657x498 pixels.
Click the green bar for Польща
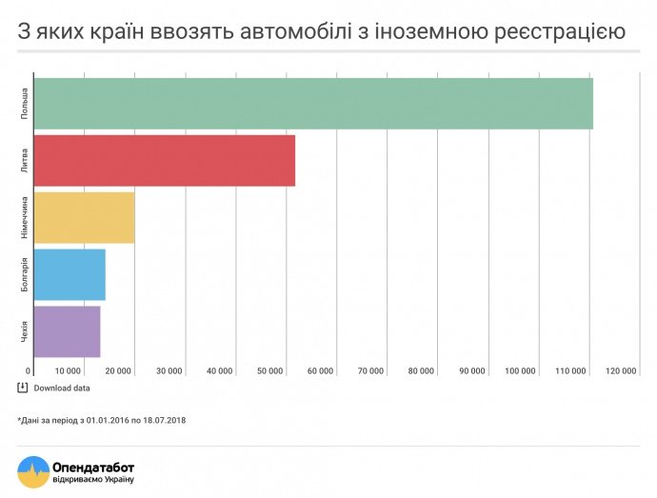313,103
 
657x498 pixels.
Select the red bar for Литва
165,161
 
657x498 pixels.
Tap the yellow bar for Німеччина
84,217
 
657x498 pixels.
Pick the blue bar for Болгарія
70,274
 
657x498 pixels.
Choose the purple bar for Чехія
67,331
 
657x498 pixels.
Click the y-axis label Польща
24,103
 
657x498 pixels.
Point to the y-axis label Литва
24,160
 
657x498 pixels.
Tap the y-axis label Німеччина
24,217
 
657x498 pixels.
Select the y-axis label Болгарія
24,274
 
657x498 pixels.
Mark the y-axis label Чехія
24,331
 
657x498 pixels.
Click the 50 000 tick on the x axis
269,370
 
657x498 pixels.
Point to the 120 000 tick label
621,370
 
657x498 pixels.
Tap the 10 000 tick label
68,370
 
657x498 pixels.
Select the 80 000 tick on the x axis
421,370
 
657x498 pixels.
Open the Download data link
62,388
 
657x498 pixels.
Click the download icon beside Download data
23,388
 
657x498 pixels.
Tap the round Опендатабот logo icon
32,471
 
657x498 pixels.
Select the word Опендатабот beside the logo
93,466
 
